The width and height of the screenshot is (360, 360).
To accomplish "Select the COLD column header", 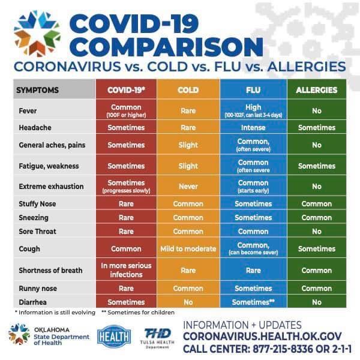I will coord(188,90).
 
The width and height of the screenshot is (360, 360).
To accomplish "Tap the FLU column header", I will coord(253,90).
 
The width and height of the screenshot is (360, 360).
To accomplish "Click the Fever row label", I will coord(28,111).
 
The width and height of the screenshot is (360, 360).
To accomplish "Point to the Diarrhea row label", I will coord(33,302).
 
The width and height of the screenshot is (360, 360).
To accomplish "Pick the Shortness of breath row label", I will coord(50,270).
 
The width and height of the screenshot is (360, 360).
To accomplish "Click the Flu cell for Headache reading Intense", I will coord(253,128).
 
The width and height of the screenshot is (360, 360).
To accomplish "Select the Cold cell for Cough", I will coord(188,248).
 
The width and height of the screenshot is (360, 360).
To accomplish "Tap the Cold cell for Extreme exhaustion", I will coord(188,187).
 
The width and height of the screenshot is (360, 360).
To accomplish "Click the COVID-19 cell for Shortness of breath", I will coord(126,270).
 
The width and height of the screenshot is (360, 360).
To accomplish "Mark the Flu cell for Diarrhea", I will coord(253,302).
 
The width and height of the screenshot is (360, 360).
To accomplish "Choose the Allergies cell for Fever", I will coord(316,111).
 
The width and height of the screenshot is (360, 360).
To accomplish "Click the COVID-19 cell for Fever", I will coord(126,111).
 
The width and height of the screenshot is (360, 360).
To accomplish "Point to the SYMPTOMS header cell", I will coord(37,90).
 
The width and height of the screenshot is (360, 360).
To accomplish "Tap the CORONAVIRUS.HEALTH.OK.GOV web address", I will coord(263,336).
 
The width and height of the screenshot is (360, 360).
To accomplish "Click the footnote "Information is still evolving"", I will coord(50,312).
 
